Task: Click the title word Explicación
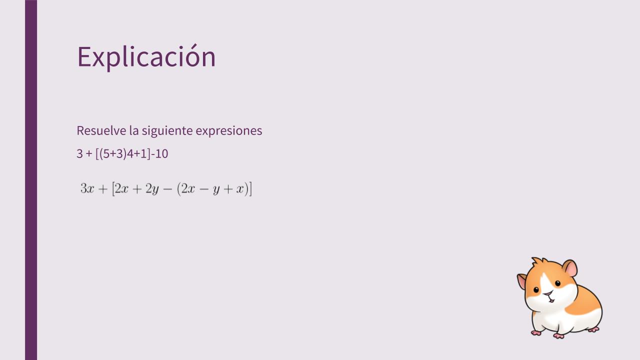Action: (146, 57)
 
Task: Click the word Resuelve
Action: (101, 130)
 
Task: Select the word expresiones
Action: (229, 131)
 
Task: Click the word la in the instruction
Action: (134, 130)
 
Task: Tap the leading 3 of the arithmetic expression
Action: (79, 153)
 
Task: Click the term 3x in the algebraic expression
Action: (87, 188)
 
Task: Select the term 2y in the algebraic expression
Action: (152, 189)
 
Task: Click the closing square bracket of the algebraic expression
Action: (250, 189)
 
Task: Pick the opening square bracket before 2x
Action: (113, 189)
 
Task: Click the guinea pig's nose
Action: (548, 293)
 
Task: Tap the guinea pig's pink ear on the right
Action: (570, 267)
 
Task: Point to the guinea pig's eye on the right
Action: (557, 283)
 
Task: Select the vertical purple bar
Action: (31, 180)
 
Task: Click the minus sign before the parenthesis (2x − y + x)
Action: (167, 189)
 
